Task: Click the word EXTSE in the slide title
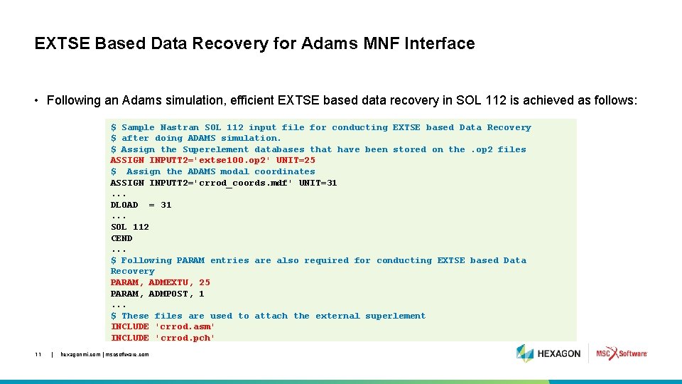(62, 43)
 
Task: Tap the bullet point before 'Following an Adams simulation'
(37, 100)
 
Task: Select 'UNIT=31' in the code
(318, 183)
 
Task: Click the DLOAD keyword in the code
(124, 205)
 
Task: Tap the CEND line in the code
(121, 238)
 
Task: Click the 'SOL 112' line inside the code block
(130, 227)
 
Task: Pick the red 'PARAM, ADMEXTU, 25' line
(161, 282)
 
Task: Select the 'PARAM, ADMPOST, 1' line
(158, 294)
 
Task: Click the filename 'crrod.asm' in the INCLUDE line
(185, 326)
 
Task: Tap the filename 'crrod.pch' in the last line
(185, 338)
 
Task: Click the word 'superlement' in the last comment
(395, 316)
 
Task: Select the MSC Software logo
(622, 353)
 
